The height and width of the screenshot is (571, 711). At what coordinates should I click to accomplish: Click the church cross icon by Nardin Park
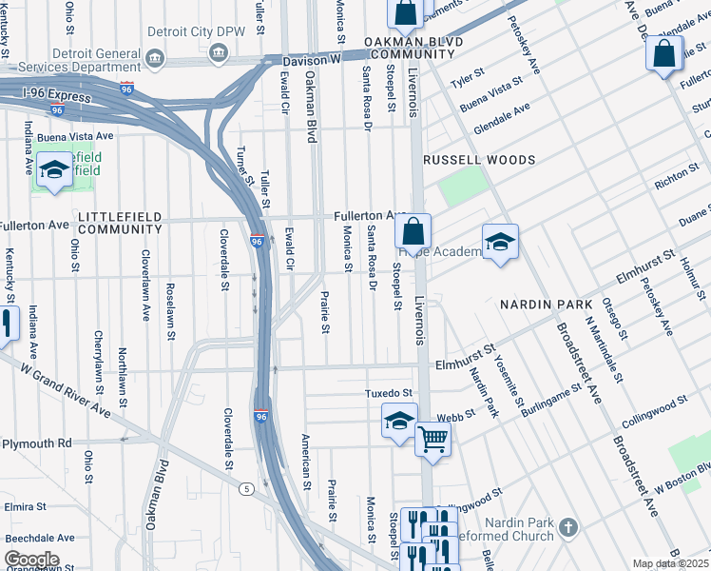coord(568,526)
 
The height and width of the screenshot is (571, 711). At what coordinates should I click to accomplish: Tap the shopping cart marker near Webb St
coord(432,439)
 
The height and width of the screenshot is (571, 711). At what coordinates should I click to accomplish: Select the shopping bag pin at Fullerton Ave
coord(413,231)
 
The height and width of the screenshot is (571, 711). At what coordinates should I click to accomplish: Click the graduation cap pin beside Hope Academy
coord(499,241)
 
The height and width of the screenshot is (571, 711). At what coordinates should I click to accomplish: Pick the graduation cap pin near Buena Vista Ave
coord(54,171)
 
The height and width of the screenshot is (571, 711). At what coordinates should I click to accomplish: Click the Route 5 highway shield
coord(246,489)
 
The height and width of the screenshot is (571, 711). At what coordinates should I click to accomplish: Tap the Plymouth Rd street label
coord(36,443)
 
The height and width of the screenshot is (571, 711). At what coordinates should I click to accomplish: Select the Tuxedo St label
coord(389,393)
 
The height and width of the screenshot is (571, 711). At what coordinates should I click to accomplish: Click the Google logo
coord(31,560)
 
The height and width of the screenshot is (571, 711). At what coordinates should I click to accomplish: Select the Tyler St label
coord(469,77)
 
